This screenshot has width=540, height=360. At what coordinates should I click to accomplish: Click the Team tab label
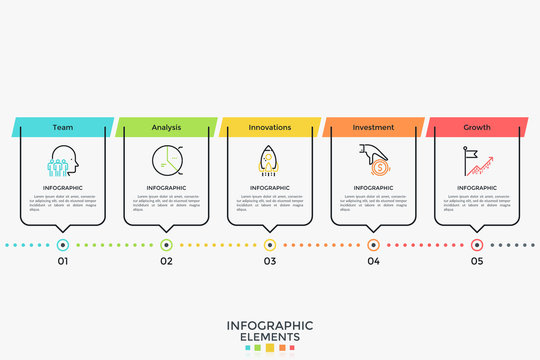click(x=63, y=128)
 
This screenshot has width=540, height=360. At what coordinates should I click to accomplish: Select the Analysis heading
click(x=166, y=128)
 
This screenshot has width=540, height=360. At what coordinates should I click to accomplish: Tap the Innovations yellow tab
click(x=269, y=128)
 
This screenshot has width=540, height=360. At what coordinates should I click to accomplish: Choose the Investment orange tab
click(x=373, y=128)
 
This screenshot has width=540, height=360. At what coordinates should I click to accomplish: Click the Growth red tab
click(x=477, y=128)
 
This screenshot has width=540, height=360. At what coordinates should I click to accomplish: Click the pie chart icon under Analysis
click(x=166, y=161)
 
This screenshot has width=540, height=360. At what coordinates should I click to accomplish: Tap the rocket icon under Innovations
click(x=269, y=162)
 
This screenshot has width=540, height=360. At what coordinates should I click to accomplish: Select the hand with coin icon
click(x=373, y=160)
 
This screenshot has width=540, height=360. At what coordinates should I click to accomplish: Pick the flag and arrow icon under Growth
click(x=477, y=161)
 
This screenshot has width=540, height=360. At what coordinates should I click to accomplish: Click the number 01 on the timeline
click(x=63, y=261)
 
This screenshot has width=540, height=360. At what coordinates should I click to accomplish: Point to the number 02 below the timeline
click(x=166, y=261)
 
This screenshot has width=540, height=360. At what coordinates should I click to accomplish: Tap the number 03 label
click(x=270, y=261)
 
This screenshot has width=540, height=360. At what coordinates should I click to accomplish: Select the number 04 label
click(x=373, y=261)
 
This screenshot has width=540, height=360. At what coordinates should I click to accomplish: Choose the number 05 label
click(x=477, y=261)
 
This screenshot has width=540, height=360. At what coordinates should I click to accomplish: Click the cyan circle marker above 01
click(x=63, y=244)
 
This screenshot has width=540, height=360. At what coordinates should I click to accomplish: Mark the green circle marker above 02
click(x=166, y=244)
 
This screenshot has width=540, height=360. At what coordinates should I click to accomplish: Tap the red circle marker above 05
click(x=477, y=244)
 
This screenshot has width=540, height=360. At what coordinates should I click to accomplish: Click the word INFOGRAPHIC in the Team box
click(x=63, y=188)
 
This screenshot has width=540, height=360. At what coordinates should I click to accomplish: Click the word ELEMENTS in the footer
click(x=270, y=337)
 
